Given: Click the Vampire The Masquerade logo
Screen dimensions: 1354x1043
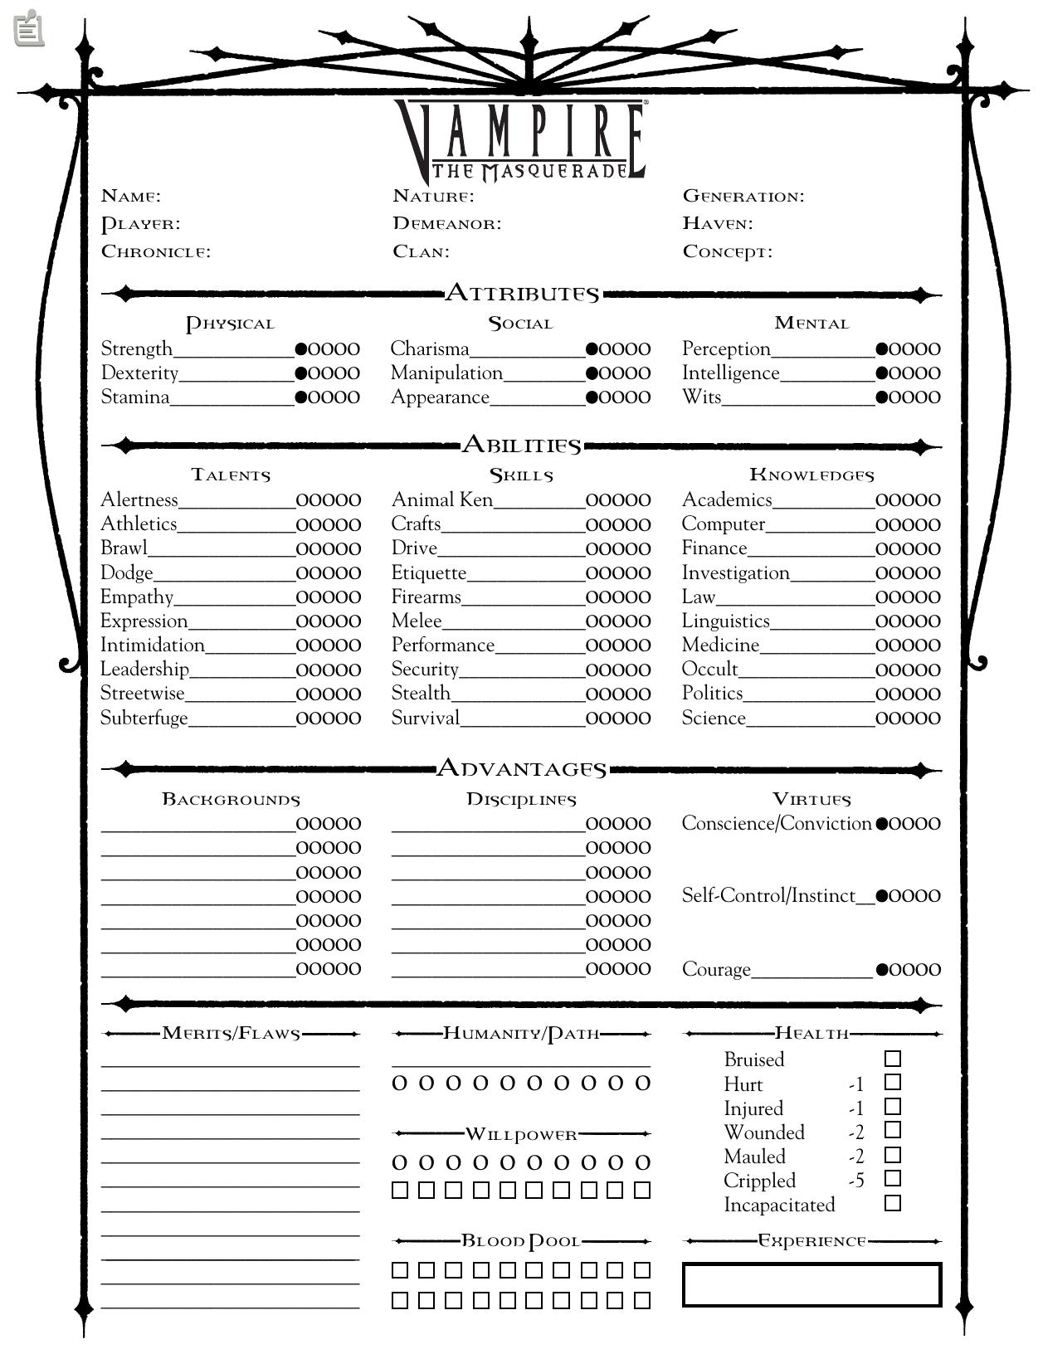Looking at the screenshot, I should tap(521, 139).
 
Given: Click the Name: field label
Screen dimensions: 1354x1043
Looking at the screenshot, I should tap(131, 196).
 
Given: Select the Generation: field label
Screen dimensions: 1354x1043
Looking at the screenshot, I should tap(743, 196).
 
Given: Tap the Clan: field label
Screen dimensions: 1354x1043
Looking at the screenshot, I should tap(421, 251).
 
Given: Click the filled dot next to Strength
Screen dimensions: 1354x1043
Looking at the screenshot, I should tap(301, 349).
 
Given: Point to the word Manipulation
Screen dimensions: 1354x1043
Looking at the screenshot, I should tap(446, 373).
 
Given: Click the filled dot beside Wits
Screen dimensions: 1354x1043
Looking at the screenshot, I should tap(882, 397).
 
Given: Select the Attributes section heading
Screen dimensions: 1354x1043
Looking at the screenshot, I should tap(522, 293).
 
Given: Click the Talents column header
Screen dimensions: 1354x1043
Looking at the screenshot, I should tap(231, 475).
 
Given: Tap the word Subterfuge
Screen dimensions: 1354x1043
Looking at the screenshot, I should tap(144, 718).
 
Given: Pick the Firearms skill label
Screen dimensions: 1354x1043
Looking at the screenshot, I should tap(426, 597).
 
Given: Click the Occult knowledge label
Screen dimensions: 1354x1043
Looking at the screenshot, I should tap(709, 669).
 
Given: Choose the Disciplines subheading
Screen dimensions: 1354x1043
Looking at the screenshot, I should tap(521, 799).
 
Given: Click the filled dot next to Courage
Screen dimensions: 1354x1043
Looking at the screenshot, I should tap(882, 969).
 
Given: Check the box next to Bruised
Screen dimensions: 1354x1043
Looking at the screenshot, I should tap(893, 1059).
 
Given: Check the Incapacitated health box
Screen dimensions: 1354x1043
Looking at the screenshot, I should tap(893, 1203).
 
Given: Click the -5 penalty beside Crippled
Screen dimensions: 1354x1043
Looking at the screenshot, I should tap(856, 1181).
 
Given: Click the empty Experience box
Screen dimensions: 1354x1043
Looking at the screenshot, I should tap(811, 1284).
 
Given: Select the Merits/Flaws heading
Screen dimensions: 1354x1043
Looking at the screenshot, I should tap(231, 1033).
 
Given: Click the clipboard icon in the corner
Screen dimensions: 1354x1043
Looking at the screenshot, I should tap(29, 28).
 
